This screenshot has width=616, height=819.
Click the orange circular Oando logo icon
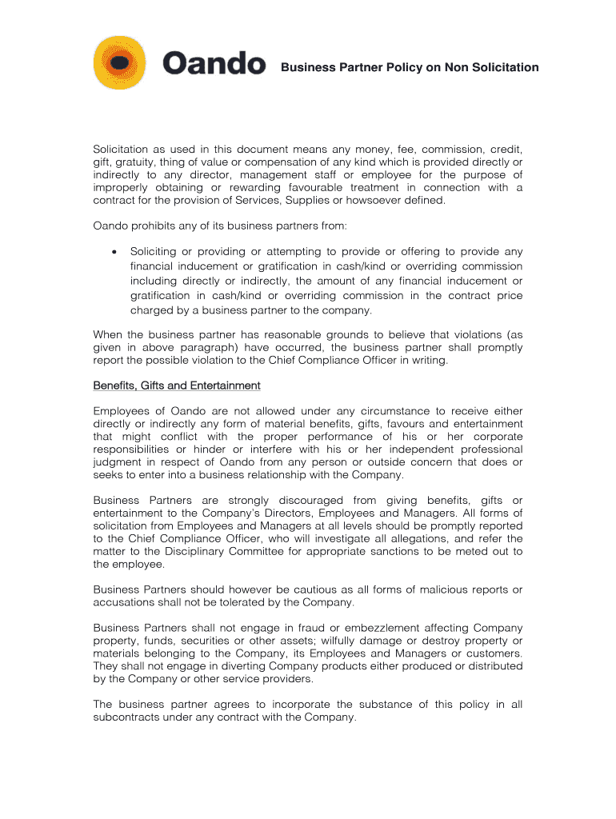[120, 62]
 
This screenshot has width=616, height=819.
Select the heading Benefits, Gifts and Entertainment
[177, 386]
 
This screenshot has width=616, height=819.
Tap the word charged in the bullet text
[152, 311]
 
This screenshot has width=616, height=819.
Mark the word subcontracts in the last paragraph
[128, 717]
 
